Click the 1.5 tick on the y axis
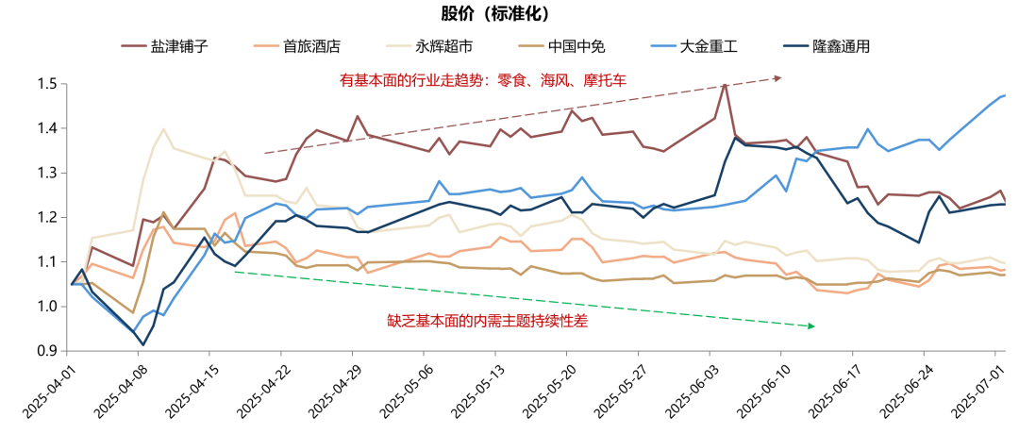click(47, 84)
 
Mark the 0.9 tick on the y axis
click(47, 351)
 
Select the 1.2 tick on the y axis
click(47, 218)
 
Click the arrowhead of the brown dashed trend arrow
click(778, 77)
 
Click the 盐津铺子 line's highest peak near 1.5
click(725, 85)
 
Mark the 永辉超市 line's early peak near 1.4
click(163, 129)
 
